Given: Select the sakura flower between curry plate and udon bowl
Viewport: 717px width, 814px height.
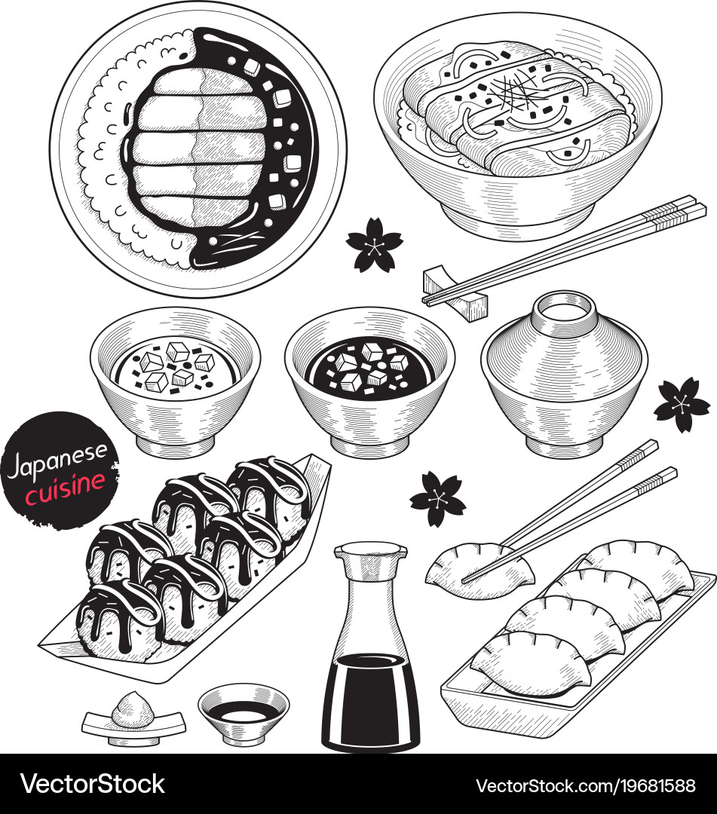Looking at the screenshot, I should click(374, 244).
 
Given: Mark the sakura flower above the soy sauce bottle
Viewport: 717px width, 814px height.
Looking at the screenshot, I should click(438, 498).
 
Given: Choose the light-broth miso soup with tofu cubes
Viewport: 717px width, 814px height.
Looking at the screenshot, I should click(175, 367).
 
